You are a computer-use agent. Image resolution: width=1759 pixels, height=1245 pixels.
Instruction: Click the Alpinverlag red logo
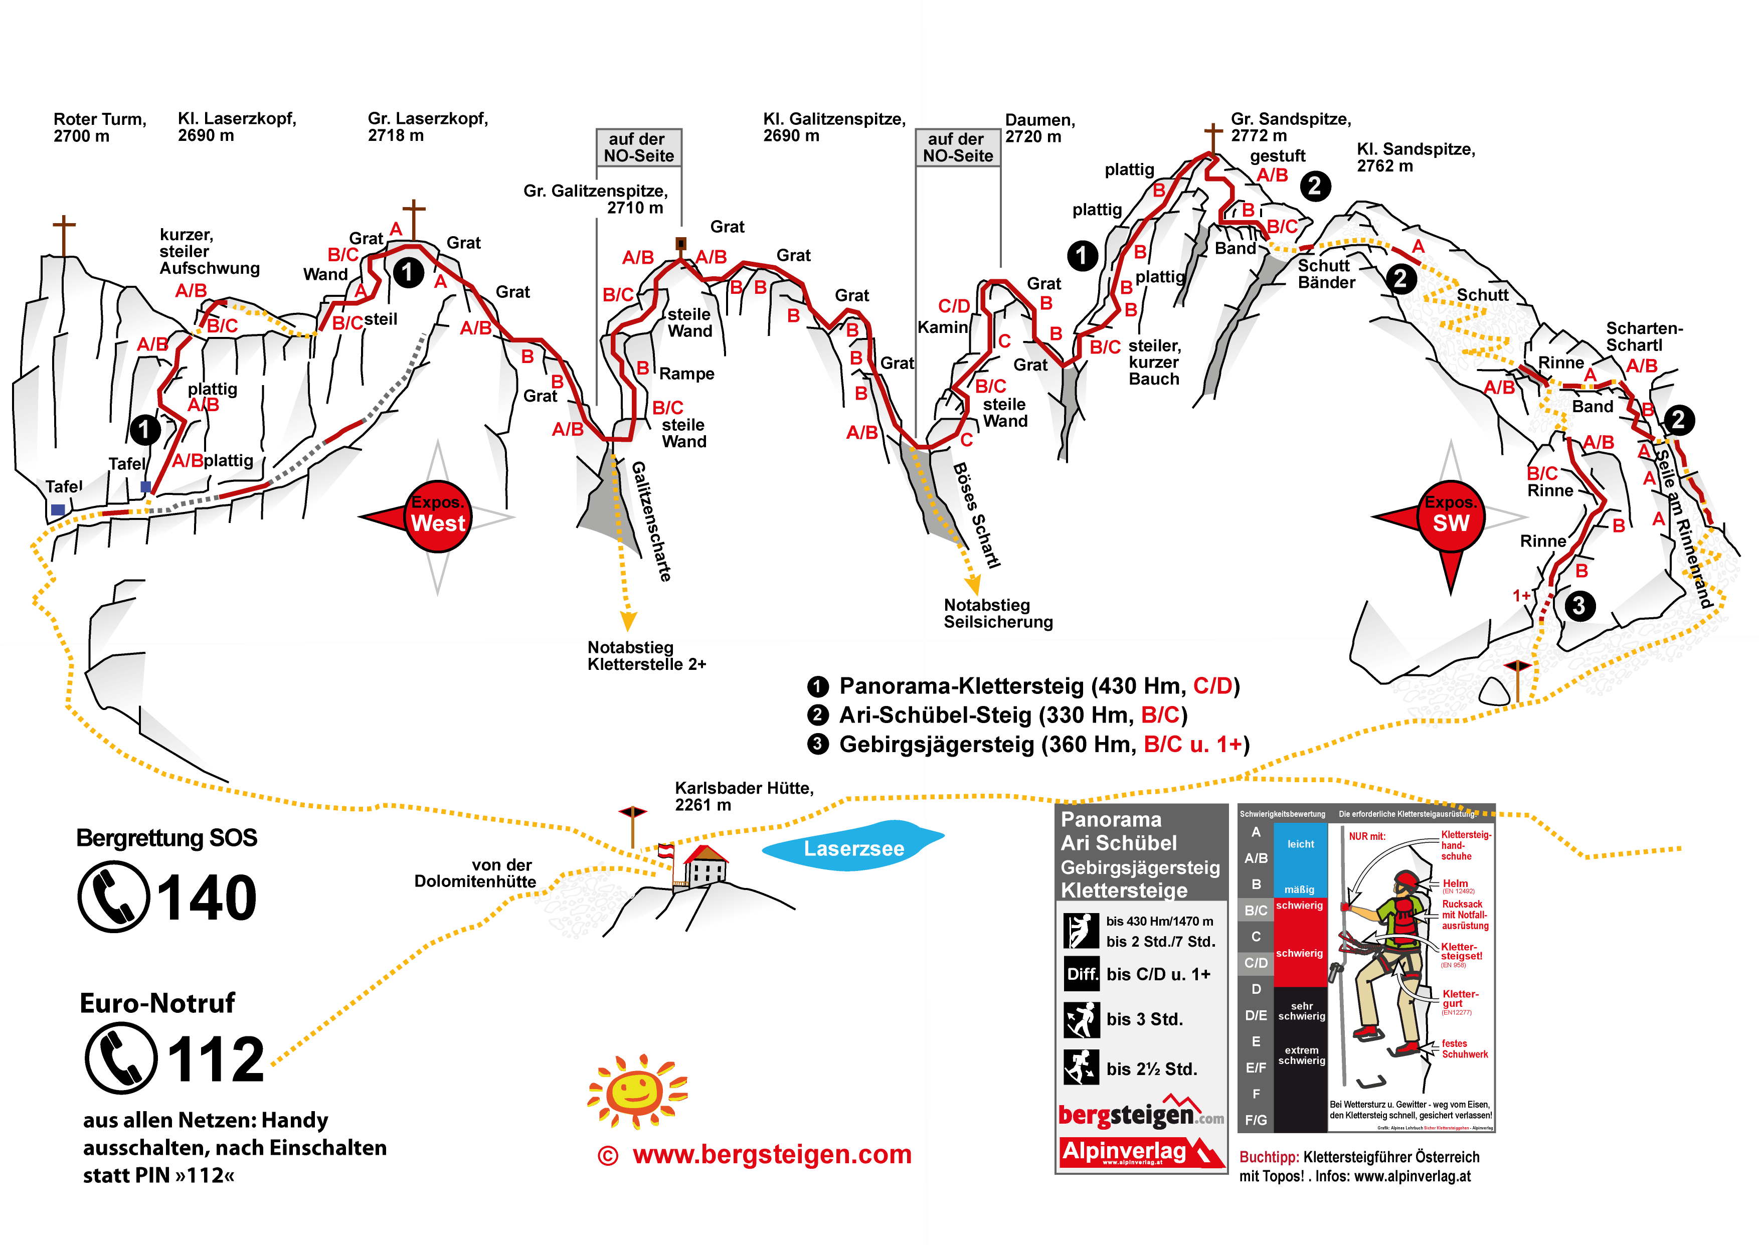point(1140,1151)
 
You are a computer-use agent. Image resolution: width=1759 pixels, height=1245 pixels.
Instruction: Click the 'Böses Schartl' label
point(976,514)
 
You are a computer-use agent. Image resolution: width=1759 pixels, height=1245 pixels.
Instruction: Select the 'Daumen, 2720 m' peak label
point(1039,128)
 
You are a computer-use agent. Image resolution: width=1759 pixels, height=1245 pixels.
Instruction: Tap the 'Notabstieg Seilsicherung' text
point(997,613)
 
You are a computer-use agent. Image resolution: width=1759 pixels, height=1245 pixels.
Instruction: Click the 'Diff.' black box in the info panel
point(1082,974)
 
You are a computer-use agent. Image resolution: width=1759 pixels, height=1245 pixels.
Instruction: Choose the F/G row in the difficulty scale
point(1256,1119)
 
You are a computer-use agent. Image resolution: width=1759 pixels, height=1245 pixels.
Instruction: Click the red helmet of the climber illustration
point(1405,879)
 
